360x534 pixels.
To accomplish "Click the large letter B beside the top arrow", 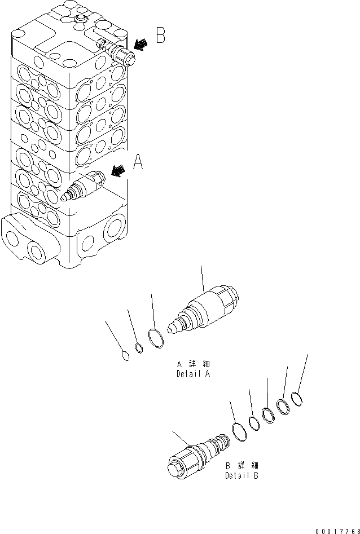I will (160, 36).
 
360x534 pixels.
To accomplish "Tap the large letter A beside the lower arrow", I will (138, 164).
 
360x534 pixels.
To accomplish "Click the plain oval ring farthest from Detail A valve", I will (127, 355).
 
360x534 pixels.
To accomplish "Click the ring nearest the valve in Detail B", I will (239, 432).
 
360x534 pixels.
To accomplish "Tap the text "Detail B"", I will (242, 475).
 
